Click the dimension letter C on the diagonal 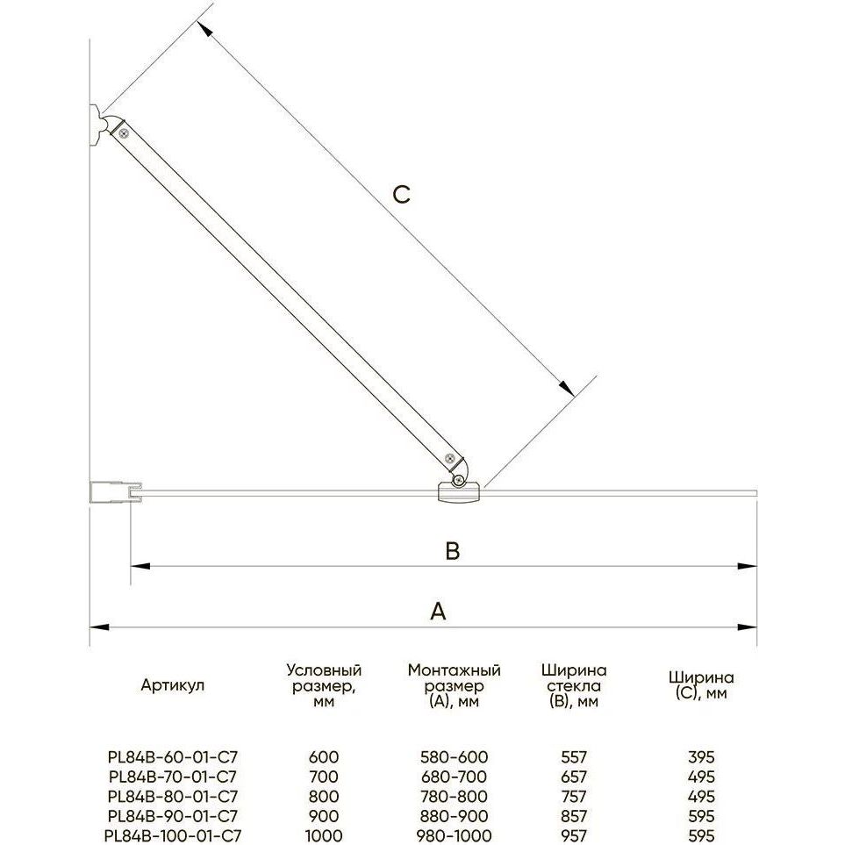pyautogui.click(x=402, y=195)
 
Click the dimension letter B pyautogui.click(x=453, y=551)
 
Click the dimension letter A pyautogui.click(x=438, y=612)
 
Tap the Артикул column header pyautogui.click(x=173, y=685)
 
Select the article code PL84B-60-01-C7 pyautogui.click(x=173, y=757)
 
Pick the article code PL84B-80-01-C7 pyautogui.click(x=173, y=797)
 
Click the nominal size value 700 pyautogui.click(x=323, y=777)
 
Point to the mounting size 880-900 pyautogui.click(x=454, y=816)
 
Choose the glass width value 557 pyautogui.click(x=573, y=757)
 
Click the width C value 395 pyautogui.click(x=701, y=757)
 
